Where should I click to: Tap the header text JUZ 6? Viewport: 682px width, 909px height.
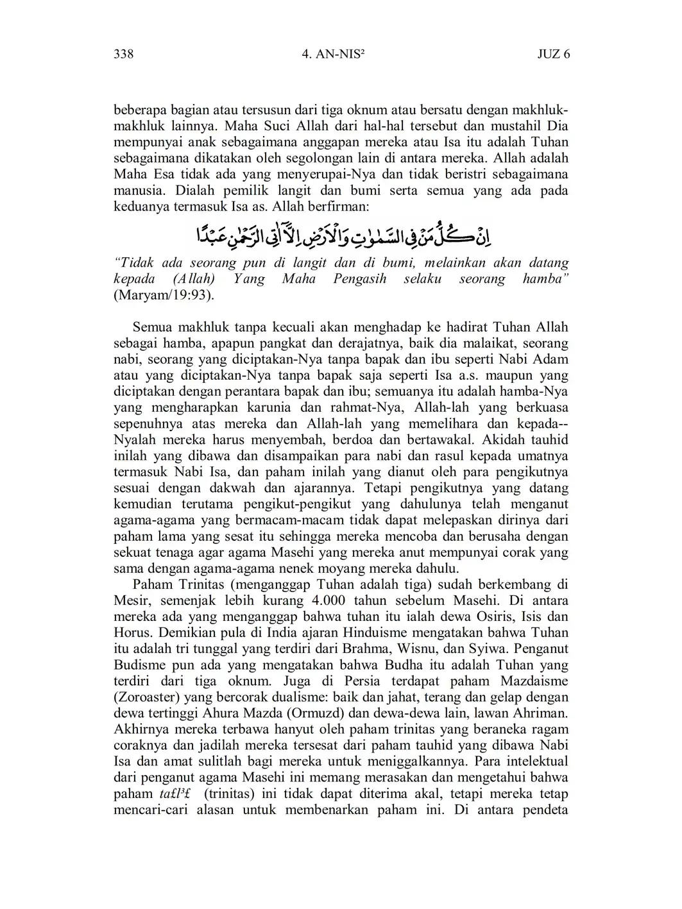point(553,54)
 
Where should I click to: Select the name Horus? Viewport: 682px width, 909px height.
point(131,633)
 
